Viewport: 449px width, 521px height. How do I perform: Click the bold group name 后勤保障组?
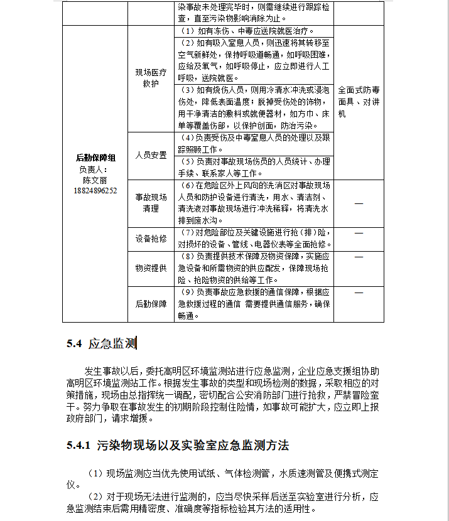click(95, 158)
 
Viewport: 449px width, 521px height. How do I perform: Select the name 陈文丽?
click(95, 179)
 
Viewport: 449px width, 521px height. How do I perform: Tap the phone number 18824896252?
click(95, 190)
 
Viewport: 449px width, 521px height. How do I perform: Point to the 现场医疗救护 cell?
click(151, 78)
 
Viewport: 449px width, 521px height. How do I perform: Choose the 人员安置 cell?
click(151, 155)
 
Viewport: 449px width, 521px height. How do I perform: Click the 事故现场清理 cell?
click(151, 202)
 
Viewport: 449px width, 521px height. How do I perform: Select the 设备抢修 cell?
click(151, 239)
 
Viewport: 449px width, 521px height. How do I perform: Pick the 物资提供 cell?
click(151, 268)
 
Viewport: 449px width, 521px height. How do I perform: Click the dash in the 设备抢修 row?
click(359, 233)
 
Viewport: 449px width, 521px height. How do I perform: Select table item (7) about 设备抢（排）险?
click(254, 239)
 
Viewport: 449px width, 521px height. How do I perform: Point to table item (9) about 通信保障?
click(254, 304)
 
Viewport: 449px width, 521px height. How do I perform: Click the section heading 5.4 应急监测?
click(101, 343)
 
